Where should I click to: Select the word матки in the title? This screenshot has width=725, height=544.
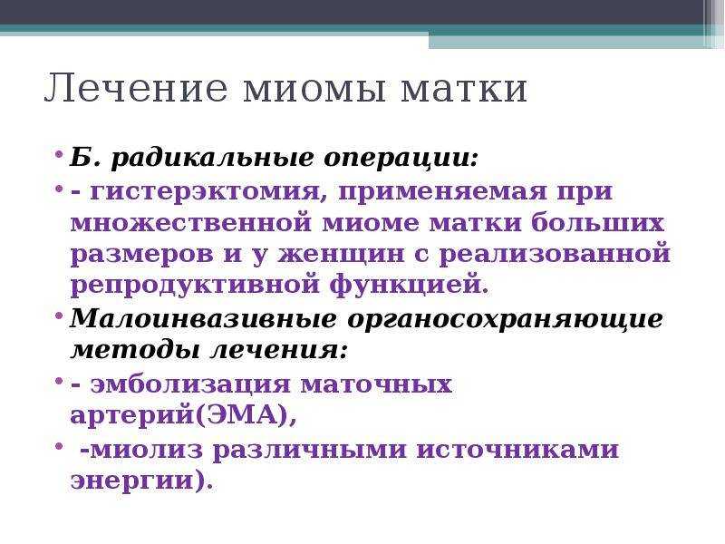pos(464,88)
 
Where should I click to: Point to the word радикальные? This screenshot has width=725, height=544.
pos(213,159)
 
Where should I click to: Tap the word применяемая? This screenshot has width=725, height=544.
pos(442,192)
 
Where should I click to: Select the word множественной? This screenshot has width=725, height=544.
pos(191,223)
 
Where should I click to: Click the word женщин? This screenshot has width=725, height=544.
pos(342,255)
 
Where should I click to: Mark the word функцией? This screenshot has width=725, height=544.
pos(410,285)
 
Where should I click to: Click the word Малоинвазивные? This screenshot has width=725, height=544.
pos(203,319)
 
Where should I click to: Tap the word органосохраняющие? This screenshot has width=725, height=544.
pos(506,320)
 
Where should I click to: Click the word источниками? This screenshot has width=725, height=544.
pos(517,450)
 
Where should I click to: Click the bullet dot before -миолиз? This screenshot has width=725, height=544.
pos(59,445)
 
